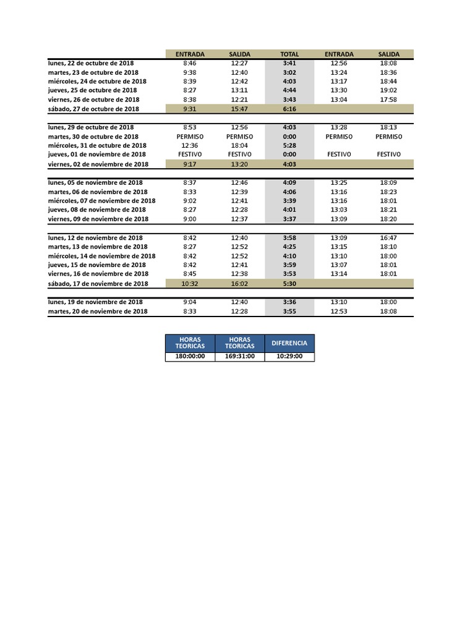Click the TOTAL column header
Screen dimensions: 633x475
click(289, 54)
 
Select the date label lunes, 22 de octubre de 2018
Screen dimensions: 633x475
click(91, 63)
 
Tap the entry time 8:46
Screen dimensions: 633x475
click(190, 63)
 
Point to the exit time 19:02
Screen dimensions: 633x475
click(388, 90)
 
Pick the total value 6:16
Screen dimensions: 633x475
click(289, 109)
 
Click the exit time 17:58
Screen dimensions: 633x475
click(388, 100)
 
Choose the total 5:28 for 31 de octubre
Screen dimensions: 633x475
click(289, 145)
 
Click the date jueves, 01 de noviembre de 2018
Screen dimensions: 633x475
click(96, 155)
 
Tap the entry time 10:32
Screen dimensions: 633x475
click(190, 284)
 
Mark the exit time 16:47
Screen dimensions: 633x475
click(388, 237)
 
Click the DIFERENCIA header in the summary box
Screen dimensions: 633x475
click(289, 343)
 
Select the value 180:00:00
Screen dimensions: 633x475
click(190, 357)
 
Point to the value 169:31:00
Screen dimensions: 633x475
click(240, 357)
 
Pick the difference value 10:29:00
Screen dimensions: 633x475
click(289, 357)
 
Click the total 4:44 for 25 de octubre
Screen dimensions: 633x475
click(289, 90)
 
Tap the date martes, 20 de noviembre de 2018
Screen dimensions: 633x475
click(98, 312)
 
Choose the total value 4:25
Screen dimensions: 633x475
click(289, 247)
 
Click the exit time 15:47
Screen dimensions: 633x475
click(240, 109)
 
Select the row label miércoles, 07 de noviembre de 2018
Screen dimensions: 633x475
click(101, 201)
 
